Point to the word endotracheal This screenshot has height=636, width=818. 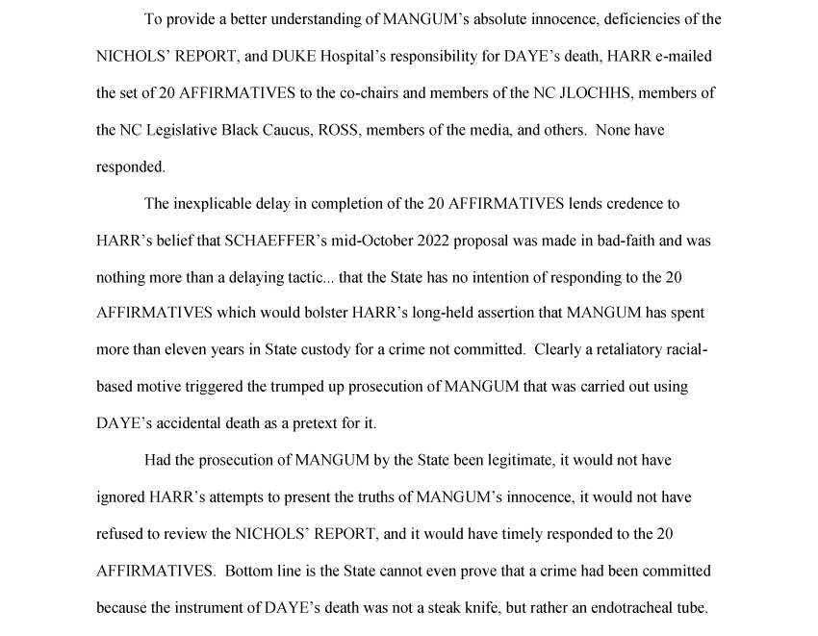pyautogui.click(x=635, y=608)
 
